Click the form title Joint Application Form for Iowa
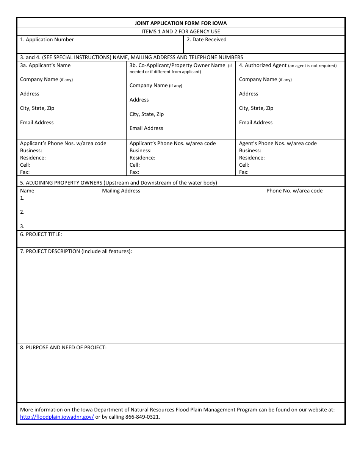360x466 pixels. coord(181,23)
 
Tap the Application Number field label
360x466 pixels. coord(47,40)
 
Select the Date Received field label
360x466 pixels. coord(207,40)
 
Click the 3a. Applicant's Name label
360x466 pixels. coord(45,66)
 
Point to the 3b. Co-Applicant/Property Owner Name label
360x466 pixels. coord(177,66)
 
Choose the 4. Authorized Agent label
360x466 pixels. coord(263,66)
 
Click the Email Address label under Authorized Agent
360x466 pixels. coord(256,123)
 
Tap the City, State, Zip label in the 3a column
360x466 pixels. coord(37,108)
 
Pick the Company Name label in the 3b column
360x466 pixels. coord(149,86)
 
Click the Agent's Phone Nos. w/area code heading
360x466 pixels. coord(278,144)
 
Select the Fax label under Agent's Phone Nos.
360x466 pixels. coord(244,172)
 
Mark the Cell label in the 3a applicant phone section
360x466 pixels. coord(25,165)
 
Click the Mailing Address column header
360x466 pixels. coord(121,191)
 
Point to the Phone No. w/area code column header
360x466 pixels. coord(294,191)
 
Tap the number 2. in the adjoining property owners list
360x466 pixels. coord(22,212)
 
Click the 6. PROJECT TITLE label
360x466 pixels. coord(41,235)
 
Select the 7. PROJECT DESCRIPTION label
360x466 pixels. coord(76,252)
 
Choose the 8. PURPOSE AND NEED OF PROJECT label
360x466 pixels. coord(63,348)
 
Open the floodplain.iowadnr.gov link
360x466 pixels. coord(57,417)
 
